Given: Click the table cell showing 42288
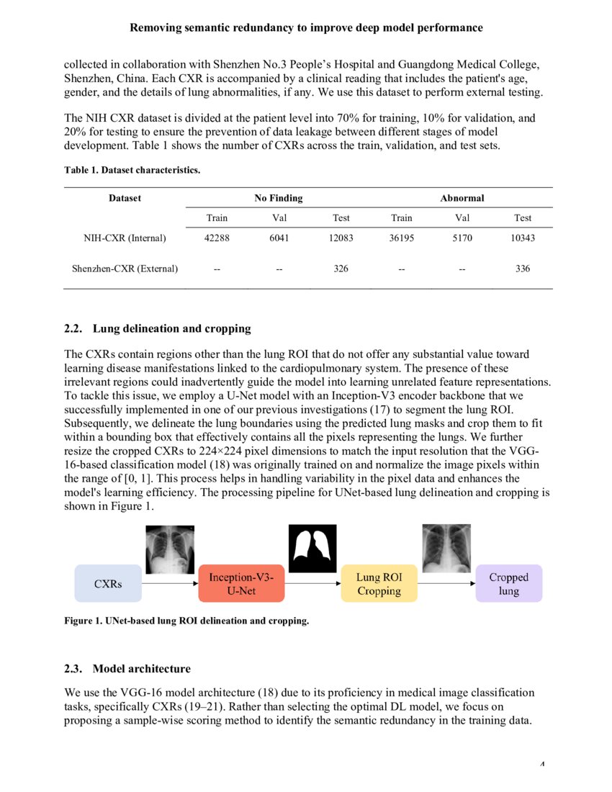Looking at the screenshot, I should pyautogui.click(x=217, y=238).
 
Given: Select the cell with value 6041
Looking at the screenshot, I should pyautogui.click(x=279, y=238).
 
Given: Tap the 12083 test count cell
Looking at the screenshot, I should pyautogui.click(x=341, y=238).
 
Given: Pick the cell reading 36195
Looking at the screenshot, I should pyautogui.click(x=401, y=238).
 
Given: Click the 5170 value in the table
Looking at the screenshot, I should pyautogui.click(x=462, y=238).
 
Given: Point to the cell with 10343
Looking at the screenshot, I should pyautogui.click(x=523, y=238).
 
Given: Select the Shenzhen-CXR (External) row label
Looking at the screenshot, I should pyautogui.click(x=125, y=269).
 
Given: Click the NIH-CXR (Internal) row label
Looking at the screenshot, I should pyautogui.click(x=125, y=238).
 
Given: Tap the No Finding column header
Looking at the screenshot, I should pyautogui.click(x=278, y=198).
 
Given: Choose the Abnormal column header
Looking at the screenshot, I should pyautogui.click(x=462, y=198).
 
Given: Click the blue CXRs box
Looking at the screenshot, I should pyautogui.click(x=108, y=583).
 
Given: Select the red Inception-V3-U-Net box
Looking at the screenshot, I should pyautogui.click(x=241, y=583).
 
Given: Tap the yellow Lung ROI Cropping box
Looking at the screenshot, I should pyautogui.click(x=379, y=583).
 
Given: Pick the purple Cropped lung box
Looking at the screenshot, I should pyautogui.click(x=508, y=583).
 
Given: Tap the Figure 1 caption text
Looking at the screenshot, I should pyautogui.click(x=186, y=621).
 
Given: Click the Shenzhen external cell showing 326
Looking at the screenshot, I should pyautogui.click(x=341, y=269).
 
